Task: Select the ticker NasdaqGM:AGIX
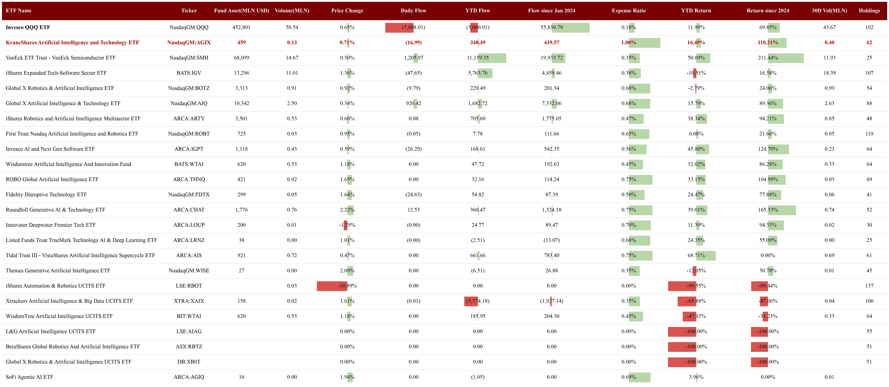coord(189,43)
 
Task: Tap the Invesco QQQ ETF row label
coord(28,27)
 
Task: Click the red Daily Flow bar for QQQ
coord(399,28)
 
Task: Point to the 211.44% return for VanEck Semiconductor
coord(768,58)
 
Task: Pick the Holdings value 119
coord(869,134)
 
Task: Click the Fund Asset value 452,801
coord(241,27)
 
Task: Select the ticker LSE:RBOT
coord(189,286)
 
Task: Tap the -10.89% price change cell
coord(347,286)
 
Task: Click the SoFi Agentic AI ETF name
coord(29,377)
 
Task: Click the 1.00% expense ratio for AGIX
coord(628,43)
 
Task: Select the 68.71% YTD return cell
coord(696,255)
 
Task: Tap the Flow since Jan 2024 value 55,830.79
coord(551,27)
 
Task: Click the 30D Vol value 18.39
coord(829,73)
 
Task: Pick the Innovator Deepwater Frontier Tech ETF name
coord(51,225)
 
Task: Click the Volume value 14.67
coord(292,58)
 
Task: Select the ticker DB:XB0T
coord(189,362)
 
